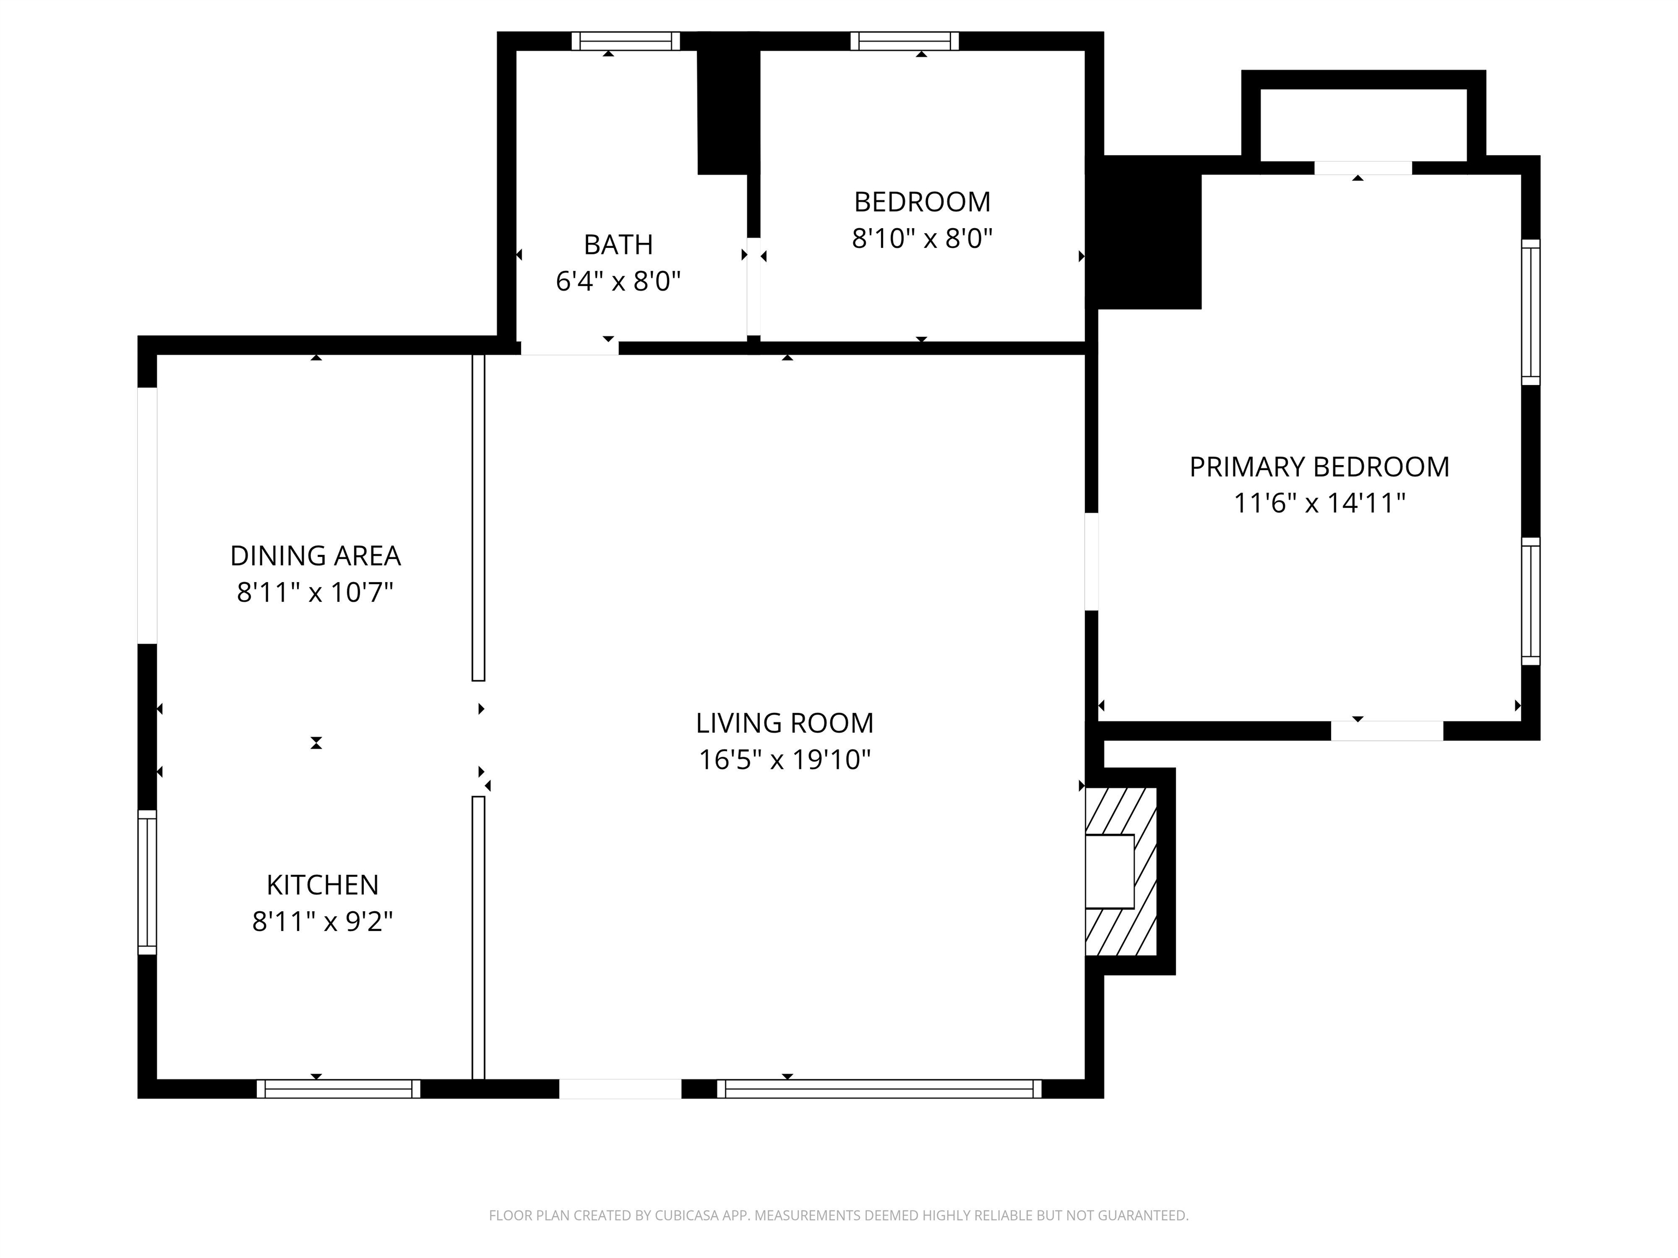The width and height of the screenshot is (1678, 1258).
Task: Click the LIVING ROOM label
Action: tap(784, 723)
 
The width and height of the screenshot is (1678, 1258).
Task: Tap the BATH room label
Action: tap(618, 245)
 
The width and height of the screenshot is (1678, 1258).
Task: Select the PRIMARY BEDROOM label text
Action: tap(1319, 467)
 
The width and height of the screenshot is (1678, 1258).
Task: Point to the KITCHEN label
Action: tap(322, 885)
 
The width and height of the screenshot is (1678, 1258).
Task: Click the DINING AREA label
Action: tap(316, 556)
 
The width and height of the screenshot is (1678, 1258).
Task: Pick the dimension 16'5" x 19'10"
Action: tap(784, 760)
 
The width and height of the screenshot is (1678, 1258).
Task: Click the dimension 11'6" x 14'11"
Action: tap(1320, 503)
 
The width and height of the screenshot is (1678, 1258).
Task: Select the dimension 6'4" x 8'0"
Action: tap(618, 282)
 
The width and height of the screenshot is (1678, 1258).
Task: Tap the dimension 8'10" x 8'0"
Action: tap(923, 239)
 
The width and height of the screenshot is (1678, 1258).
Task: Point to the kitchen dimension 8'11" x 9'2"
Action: tap(322, 922)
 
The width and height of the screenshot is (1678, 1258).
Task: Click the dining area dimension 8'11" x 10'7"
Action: tap(316, 592)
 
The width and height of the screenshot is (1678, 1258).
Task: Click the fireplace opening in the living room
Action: tap(1110, 871)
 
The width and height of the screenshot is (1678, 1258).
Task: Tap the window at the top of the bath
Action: tap(626, 41)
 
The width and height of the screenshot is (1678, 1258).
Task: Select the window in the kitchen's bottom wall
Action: tap(338, 1089)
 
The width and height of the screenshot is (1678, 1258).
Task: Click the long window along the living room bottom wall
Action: tap(879, 1089)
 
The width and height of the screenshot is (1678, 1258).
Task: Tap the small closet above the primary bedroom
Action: tap(1363, 125)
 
